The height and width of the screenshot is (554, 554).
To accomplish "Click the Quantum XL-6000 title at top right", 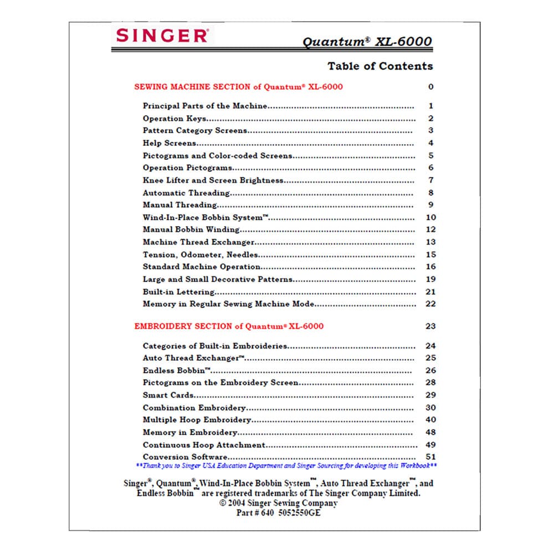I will click(x=367, y=42).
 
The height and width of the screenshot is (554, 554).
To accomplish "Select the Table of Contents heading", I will click(x=380, y=66).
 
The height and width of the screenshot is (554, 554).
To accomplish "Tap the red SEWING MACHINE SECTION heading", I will click(x=238, y=87).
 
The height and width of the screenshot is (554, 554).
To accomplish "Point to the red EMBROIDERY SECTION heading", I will click(x=229, y=326).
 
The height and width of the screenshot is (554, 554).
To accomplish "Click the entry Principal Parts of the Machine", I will click(x=205, y=106).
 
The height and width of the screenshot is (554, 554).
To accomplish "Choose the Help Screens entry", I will click(x=169, y=143).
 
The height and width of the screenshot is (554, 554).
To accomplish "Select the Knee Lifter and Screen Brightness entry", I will click(x=213, y=180).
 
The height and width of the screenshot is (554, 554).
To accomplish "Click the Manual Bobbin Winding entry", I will click(x=191, y=229).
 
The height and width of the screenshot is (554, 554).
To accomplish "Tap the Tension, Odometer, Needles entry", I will click(x=200, y=255).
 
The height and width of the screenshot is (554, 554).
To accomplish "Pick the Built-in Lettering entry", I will click(x=178, y=292).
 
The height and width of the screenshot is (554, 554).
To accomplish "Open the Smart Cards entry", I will click(x=168, y=395).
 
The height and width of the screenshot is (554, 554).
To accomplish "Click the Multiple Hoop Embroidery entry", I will click(x=197, y=420).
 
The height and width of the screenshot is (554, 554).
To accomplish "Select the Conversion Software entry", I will click(x=184, y=457).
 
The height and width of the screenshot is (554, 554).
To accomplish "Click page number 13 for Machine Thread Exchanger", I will click(x=431, y=242).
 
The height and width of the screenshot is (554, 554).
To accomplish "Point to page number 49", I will click(x=430, y=445).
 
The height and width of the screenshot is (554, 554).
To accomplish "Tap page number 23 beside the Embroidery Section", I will click(x=430, y=326).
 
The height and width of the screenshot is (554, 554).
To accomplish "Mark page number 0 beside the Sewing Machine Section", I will click(x=431, y=87).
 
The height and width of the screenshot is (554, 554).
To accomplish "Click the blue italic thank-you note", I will click(x=286, y=466).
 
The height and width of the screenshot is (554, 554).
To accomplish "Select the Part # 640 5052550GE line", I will click(x=278, y=513).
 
